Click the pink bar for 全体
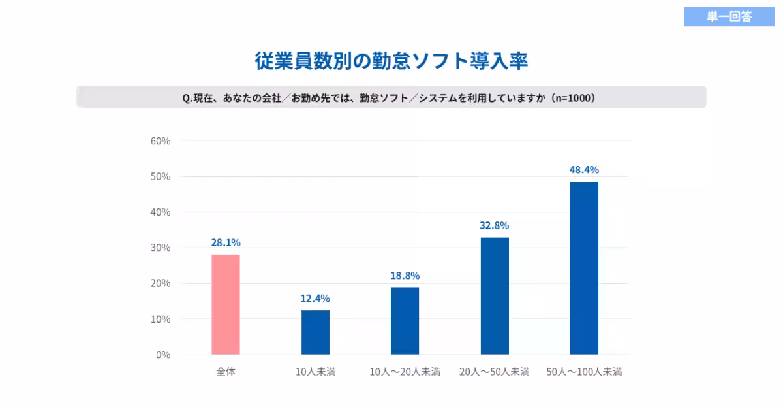click(226, 304)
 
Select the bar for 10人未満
click(315, 333)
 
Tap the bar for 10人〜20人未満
click(405, 321)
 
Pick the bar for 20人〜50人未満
click(495, 296)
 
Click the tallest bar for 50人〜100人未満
click(584, 268)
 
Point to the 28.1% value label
click(226, 243)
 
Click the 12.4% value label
click(315, 299)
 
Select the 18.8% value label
click(405, 276)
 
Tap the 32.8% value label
click(495, 226)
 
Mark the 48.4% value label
click(584, 170)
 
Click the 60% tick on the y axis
click(161, 141)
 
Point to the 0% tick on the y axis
click(163, 355)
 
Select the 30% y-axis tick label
click(161, 248)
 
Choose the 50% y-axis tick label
click(161, 176)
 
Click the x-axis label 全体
click(226, 372)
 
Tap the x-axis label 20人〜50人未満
click(495, 372)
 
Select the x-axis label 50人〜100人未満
click(584, 372)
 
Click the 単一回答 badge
click(729, 17)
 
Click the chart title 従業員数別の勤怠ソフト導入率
click(391, 61)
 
